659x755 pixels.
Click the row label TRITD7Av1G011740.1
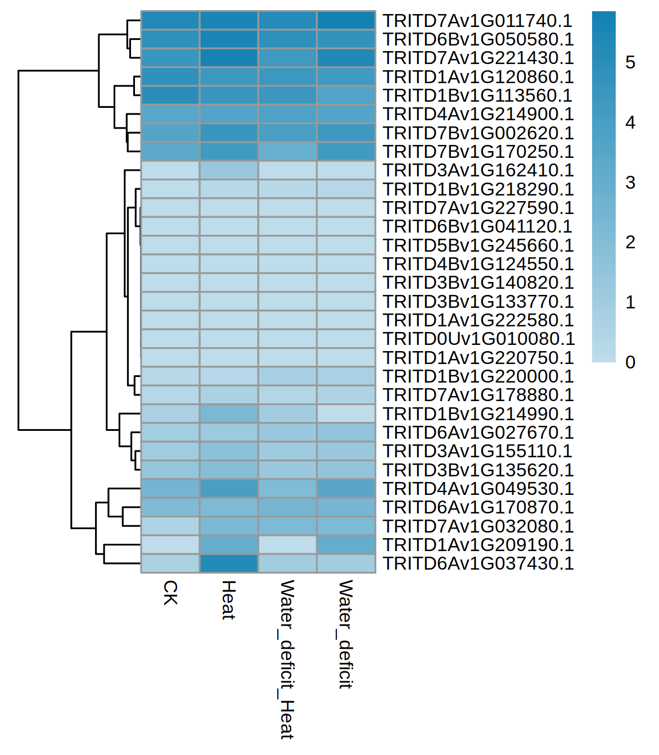tap(477, 21)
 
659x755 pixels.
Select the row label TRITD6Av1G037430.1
tap(478, 563)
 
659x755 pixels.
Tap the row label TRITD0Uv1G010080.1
tap(479, 339)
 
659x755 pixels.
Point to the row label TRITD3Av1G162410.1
tap(478, 170)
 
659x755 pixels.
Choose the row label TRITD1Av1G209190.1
tap(478, 545)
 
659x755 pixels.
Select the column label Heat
tap(228, 600)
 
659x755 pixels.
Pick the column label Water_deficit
tap(345, 634)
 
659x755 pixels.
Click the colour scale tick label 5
tap(630, 62)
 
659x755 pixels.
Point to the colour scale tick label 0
tap(630, 362)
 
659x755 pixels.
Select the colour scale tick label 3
tap(630, 183)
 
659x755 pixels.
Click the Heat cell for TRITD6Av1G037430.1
tap(229, 563)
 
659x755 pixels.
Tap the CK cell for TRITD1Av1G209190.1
tap(170, 545)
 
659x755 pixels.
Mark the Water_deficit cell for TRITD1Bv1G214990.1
tap(346, 414)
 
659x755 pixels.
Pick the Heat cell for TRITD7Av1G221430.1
tap(229, 58)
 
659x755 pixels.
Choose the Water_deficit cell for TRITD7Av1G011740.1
tap(346, 21)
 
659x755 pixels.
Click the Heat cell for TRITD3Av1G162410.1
tap(229, 170)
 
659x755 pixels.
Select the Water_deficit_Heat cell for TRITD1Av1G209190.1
tap(287, 545)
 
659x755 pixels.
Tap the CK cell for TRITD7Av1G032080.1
tap(170, 526)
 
